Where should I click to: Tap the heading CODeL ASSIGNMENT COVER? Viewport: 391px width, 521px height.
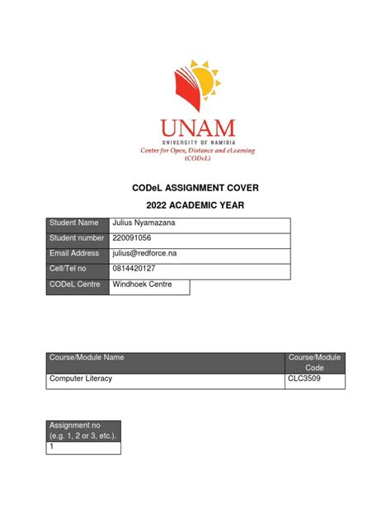tap(195, 187)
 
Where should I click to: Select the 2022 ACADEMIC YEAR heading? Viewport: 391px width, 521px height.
tap(195, 205)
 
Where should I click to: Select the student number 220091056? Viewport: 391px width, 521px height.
tap(135, 239)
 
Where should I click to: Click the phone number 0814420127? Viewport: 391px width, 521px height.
tap(137, 270)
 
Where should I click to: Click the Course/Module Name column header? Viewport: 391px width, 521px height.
tap(165, 362)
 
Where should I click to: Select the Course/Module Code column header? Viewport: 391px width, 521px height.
tap(314, 362)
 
